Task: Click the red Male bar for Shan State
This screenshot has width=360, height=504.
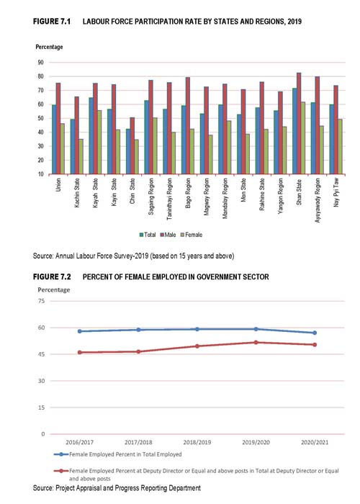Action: (299, 123)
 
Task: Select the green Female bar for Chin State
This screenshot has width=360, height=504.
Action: (136, 157)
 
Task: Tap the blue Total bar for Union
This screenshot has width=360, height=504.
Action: (54, 140)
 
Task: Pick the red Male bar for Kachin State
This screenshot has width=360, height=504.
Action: (76, 135)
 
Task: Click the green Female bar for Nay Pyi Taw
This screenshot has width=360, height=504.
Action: (340, 147)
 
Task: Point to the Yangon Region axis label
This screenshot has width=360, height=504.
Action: (281, 196)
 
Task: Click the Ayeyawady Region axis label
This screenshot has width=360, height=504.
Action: (318, 200)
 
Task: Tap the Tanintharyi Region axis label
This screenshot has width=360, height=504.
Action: (169, 199)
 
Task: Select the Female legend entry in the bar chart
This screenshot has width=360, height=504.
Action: (192, 235)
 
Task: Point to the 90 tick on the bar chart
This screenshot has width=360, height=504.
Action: (40, 63)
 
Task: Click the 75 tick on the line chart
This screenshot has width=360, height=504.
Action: (42, 301)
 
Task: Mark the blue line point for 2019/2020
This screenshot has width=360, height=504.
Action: (256, 329)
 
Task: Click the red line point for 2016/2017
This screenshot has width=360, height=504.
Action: (80, 352)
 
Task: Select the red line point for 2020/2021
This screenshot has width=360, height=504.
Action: (315, 345)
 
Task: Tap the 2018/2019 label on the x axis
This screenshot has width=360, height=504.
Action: (197, 442)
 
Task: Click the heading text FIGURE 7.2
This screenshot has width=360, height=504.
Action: (52, 276)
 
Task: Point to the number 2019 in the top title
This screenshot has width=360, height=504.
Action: (294, 22)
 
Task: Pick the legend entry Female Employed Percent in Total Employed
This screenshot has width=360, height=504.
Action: (118, 454)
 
